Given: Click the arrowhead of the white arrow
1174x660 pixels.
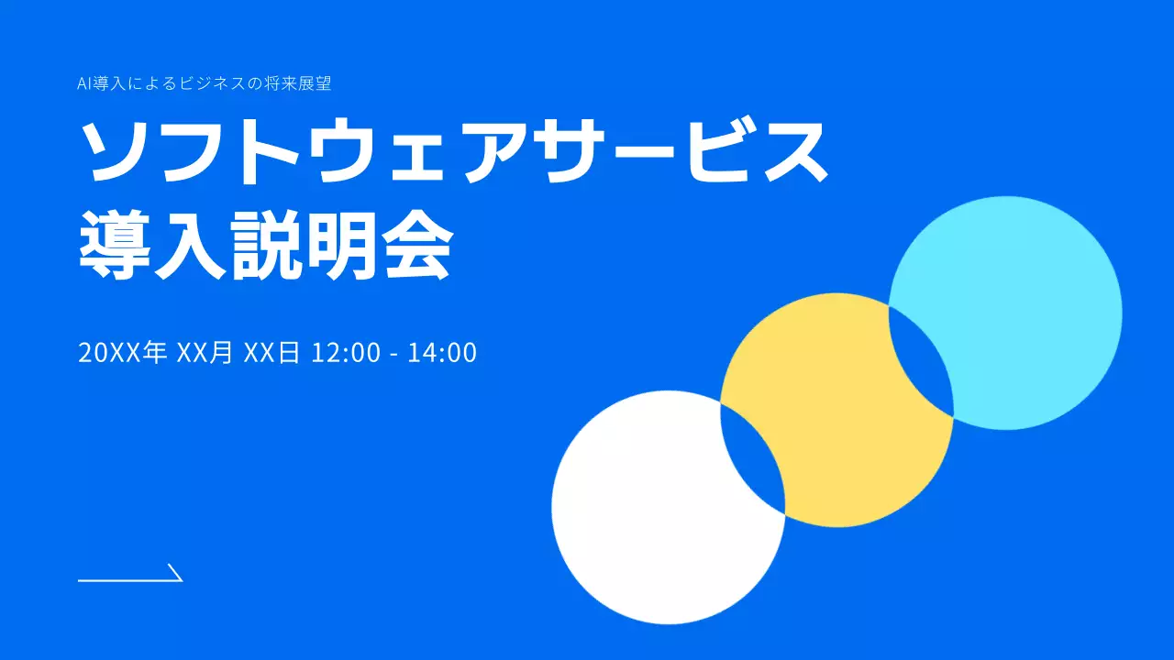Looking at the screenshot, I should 176,574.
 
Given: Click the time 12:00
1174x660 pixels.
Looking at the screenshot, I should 346,353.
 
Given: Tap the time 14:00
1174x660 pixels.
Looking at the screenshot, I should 442,353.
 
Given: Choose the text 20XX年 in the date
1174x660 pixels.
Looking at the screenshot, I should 123,353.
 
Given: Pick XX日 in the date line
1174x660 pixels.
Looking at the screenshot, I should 272,353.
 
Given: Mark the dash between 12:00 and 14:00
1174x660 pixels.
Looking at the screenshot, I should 393,355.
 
